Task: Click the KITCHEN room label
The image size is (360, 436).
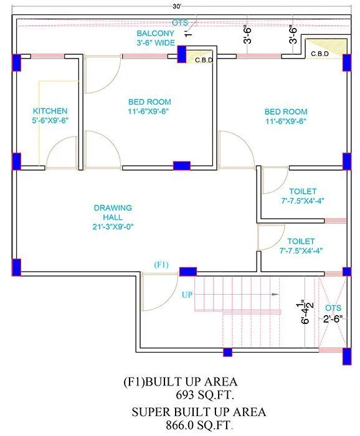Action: pos(50,111)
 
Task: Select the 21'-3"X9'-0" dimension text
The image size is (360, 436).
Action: pos(113,227)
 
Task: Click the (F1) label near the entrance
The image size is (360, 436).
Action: pos(161,265)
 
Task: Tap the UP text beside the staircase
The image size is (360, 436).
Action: pos(187,293)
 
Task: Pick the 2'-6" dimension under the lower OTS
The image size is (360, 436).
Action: pos(333,318)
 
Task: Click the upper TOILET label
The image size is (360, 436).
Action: pos(302,191)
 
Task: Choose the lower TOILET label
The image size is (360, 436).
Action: pos(301,240)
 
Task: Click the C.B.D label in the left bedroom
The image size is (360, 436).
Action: pos(204,60)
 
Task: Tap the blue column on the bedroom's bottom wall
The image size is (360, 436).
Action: pos(181,166)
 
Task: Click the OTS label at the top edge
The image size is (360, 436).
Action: pos(180,23)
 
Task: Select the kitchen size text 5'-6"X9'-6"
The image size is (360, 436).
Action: pos(50,121)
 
